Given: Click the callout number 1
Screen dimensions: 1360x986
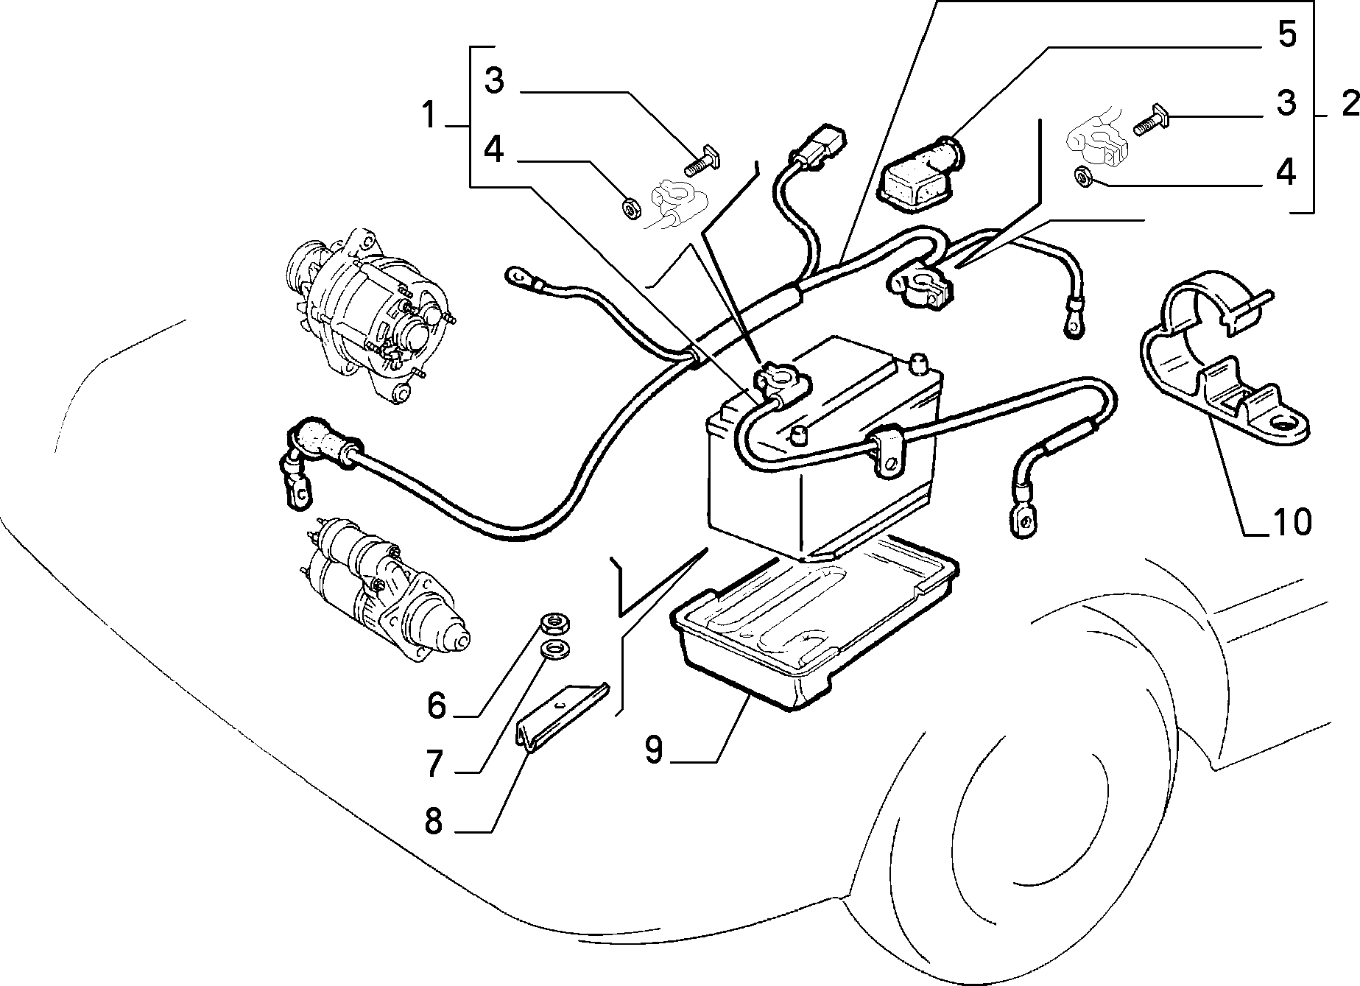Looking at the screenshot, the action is pyautogui.click(x=429, y=116).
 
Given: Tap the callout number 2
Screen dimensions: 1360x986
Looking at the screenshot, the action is pyautogui.click(x=1349, y=105).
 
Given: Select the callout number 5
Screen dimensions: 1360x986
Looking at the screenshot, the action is pyautogui.click(x=1286, y=35).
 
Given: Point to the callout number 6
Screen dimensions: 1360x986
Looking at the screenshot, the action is pyautogui.click(x=437, y=705).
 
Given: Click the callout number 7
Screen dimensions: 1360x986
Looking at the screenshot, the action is pyautogui.click(x=436, y=766).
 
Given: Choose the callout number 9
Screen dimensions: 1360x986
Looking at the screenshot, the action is pyautogui.click(x=654, y=749).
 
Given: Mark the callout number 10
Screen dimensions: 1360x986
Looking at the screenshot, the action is pyautogui.click(x=1292, y=521).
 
